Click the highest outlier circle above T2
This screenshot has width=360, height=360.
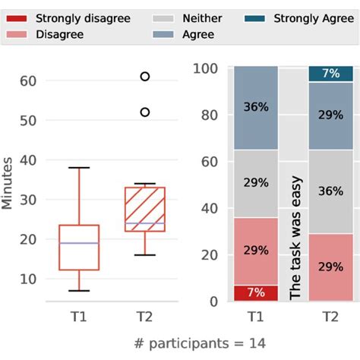(144, 76)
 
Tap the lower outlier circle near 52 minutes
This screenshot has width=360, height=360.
(144, 112)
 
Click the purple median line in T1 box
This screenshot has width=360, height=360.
(79, 243)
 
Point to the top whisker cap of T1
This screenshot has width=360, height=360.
(79, 168)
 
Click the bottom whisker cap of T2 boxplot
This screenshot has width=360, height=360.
(144, 255)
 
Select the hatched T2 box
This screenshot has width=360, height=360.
(144, 209)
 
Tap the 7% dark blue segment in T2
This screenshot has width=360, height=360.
(331, 74)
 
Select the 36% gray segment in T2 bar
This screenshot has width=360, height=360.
(331, 191)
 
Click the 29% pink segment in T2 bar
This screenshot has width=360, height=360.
(331, 267)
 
